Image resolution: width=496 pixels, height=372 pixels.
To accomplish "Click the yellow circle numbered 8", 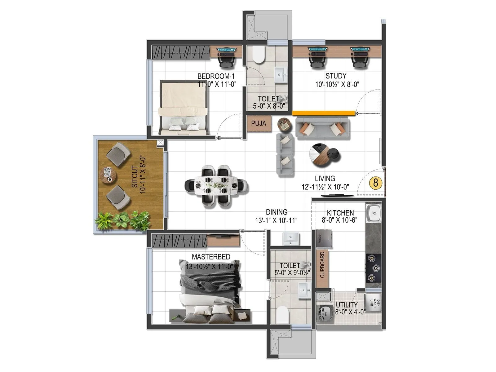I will point(376,183).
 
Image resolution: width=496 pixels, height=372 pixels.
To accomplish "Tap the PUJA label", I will point(259,123).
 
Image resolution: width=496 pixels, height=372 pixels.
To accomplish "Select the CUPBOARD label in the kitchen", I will point(322,265).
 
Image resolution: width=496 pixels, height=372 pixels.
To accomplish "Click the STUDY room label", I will point(336,76).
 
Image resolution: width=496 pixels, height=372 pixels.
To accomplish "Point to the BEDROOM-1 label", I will point(216,76).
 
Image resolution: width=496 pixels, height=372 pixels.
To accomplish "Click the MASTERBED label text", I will point(211,257).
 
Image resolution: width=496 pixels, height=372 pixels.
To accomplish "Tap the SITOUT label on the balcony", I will point(135,176).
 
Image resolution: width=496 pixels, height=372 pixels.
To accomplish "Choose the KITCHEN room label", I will point(340,213).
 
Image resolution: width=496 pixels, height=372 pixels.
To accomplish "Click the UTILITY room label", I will point(347,305).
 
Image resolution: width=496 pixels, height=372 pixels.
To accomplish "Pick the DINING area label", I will point(277,212).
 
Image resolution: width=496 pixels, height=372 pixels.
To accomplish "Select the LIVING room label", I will point(325,179).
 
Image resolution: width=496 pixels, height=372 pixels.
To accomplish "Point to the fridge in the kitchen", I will point(323,239).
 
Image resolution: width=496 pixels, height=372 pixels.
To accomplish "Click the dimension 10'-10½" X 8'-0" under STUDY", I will point(337,84).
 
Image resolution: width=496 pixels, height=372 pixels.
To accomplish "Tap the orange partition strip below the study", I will point(323,113).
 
